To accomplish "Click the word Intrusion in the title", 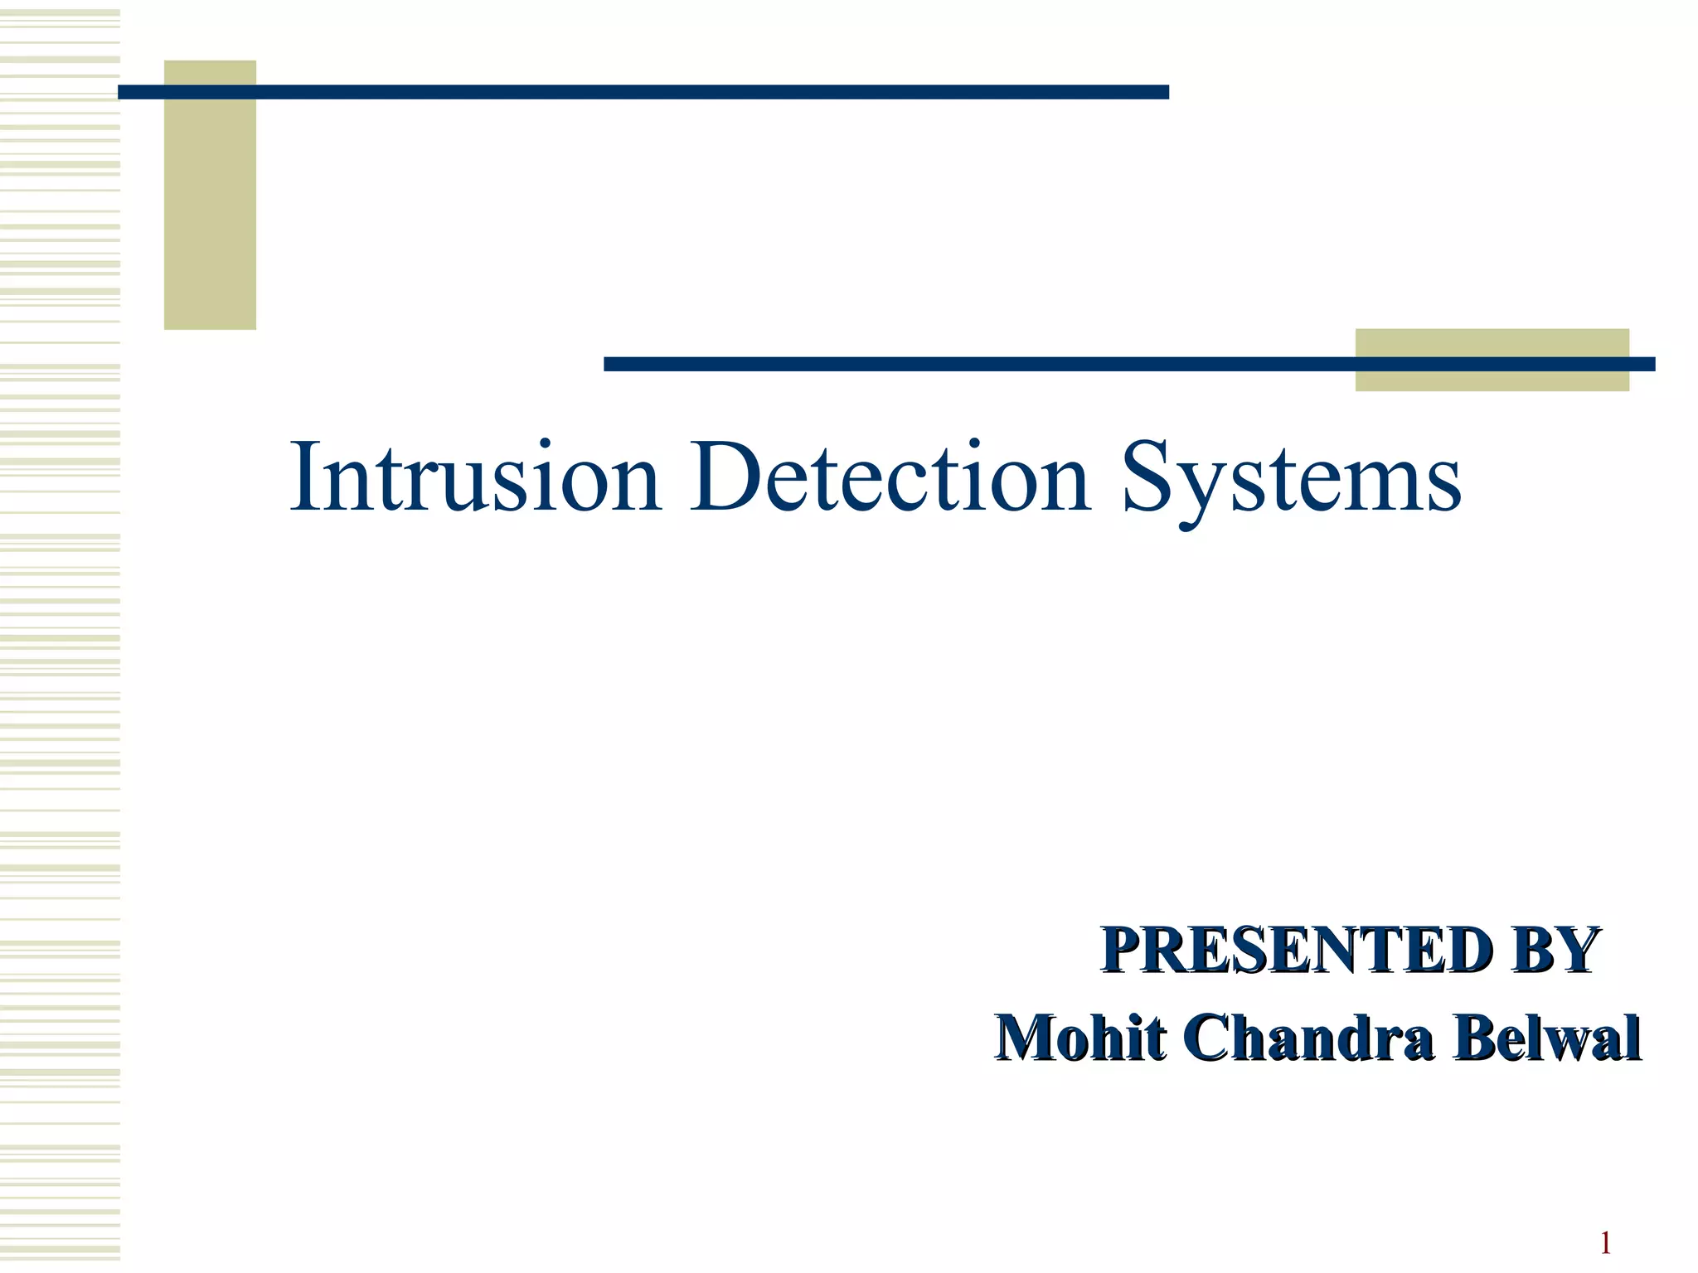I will tap(475, 478).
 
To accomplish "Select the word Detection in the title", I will tap(891, 478).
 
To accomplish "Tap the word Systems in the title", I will tap(1292, 481).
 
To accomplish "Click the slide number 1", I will tap(1605, 1243).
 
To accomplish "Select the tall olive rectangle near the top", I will tap(210, 215).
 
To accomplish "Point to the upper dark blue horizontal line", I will tap(643, 92).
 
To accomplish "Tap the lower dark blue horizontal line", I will tap(978, 364).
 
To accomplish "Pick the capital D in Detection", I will tap(726, 478).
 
